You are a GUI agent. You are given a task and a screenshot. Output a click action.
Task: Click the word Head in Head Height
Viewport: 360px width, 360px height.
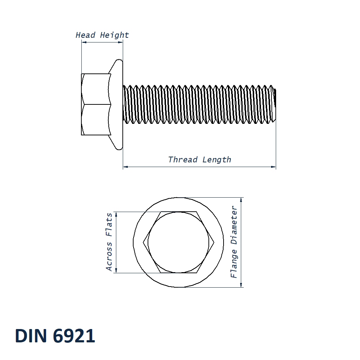click(85, 35)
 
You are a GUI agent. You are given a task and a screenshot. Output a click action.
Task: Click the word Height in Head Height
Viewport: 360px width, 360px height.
click(114, 35)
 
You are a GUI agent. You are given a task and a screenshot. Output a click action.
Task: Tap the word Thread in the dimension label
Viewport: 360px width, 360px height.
click(183, 159)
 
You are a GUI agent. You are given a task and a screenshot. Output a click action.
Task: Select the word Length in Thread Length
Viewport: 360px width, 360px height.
click(217, 159)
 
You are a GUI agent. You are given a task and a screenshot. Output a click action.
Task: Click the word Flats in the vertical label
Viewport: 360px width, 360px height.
click(109, 224)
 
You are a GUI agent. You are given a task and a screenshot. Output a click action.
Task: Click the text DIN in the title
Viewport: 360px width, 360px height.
click(31, 336)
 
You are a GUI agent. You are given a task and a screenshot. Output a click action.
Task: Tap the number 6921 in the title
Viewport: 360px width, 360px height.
click(74, 336)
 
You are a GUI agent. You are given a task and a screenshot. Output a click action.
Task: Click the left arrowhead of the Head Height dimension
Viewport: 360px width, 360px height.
click(84, 42)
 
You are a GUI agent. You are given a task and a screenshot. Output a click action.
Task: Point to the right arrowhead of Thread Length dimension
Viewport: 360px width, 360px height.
click(274, 167)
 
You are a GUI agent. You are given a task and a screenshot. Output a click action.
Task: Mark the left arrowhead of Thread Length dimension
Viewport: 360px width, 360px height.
click(125, 167)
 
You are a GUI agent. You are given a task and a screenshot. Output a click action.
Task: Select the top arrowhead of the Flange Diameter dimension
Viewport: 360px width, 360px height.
click(241, 200)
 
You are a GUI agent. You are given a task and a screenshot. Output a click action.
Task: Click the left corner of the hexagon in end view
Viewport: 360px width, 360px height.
click(144, 242)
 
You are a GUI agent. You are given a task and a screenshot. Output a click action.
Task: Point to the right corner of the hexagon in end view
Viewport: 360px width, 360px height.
click(214, 242)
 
